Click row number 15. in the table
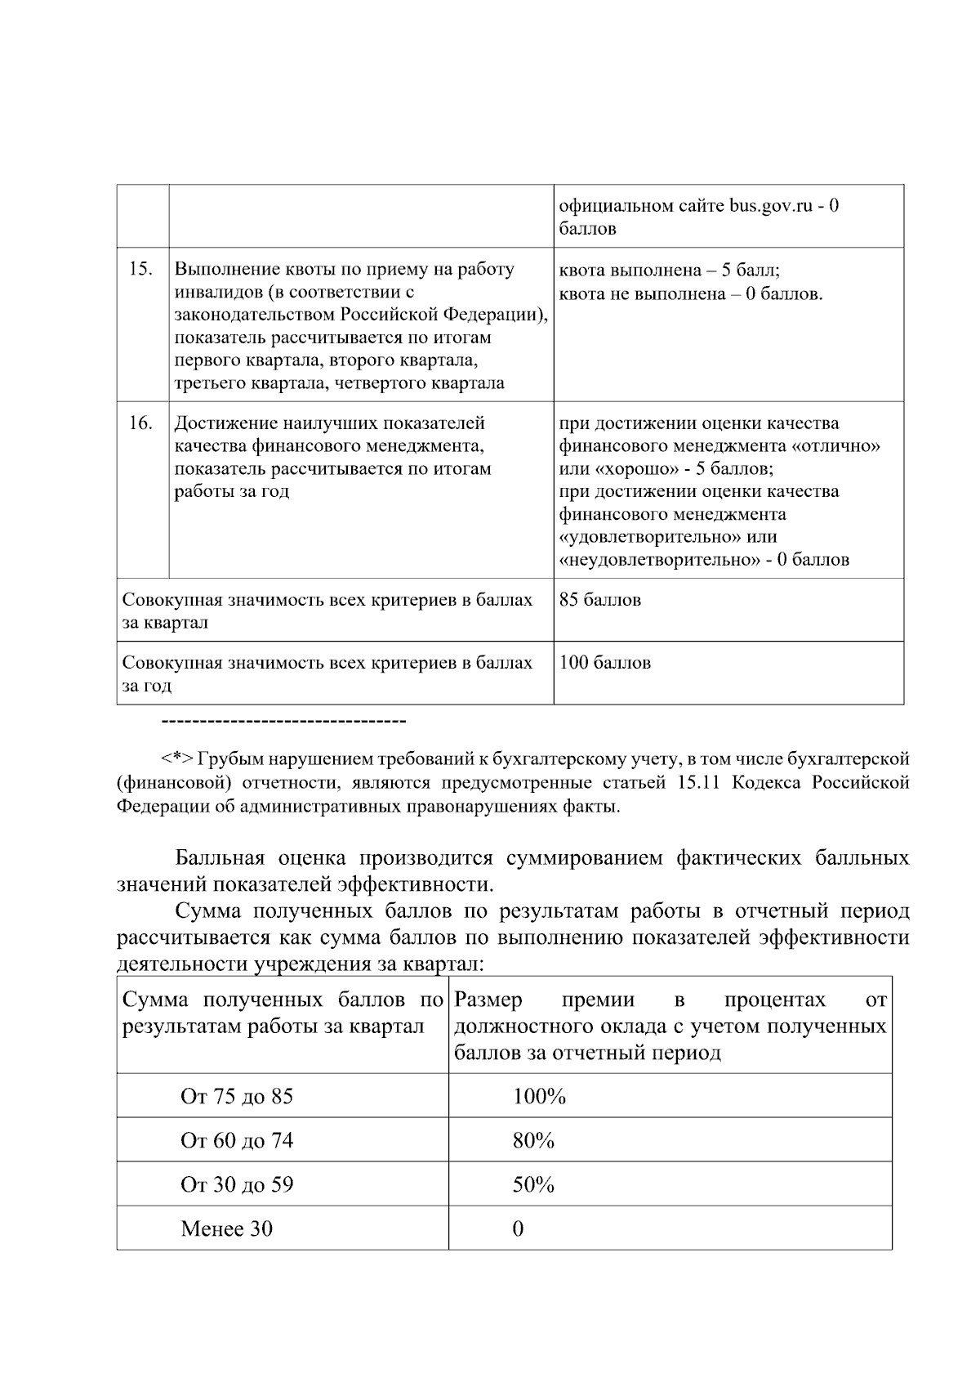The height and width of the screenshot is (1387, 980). click(141, 270)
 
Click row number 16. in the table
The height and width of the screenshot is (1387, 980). click(141, 423)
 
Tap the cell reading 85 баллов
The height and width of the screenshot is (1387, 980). click(599, 600)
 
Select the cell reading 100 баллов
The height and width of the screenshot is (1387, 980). click(604, 663)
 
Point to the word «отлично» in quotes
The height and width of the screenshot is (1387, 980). click(835, 446)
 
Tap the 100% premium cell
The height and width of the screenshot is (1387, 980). click(539, 1096)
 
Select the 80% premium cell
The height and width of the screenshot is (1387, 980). click(533, 1140)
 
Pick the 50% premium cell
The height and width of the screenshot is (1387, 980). click(533, 1184)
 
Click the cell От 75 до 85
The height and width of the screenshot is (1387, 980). click(236, 1096)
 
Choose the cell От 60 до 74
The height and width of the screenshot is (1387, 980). click(236, 1140)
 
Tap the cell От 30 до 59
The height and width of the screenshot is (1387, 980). click(236, 1184)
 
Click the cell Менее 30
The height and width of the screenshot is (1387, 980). click(226, 1228)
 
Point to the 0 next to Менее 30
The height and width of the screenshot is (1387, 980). click(518, 1228)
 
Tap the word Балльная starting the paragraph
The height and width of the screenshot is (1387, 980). click(220, 859)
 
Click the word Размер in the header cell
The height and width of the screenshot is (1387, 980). click(488, 1000)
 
